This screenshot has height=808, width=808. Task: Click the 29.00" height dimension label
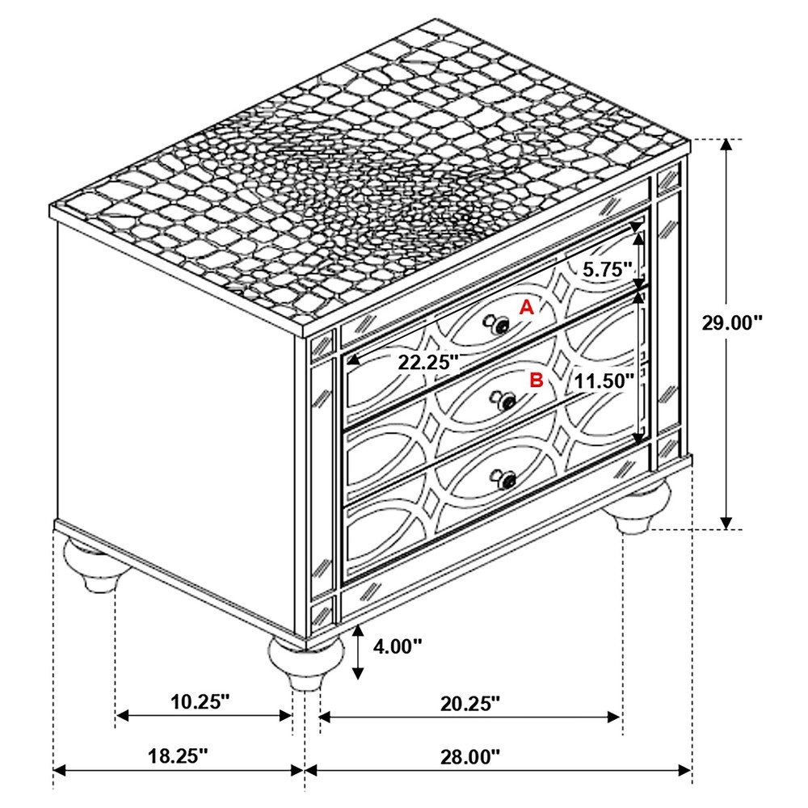point(732,322)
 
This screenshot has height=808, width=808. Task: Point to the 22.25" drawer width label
point(427,361)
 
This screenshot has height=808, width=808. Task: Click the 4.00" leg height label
point(398,646)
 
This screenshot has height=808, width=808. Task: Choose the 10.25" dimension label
point(201,701)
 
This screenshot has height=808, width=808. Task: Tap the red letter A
point(526,307)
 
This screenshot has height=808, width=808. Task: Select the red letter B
point(535,380)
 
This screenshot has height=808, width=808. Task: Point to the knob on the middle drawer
point(507,402)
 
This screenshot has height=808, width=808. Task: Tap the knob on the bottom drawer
point(507,481)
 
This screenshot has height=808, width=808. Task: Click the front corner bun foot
point(305,663)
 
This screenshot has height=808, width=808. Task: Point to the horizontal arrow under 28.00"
point(498,771)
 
